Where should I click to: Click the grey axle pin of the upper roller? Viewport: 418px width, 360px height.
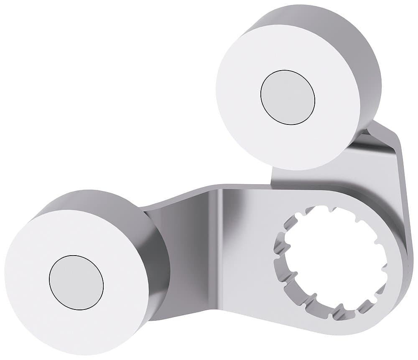click(288, 97)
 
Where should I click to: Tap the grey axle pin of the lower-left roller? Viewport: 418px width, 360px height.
click(76, 283)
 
